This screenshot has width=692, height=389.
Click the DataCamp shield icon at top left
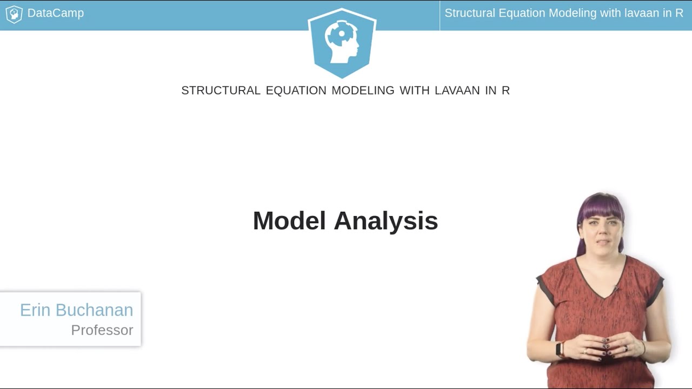tap(14, 14)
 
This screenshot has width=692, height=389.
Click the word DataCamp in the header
tap(55, 13)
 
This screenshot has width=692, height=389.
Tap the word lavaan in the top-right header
tap(641, 13)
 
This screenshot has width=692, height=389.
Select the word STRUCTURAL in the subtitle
tap(221, 91)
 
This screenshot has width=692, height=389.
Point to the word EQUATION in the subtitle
tap(296, 91)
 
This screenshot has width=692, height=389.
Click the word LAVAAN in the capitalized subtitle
tap(457, 91)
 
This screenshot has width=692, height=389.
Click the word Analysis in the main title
tap(385, 221)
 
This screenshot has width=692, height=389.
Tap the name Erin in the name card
tap(36, 310)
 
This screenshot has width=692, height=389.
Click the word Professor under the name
tap(102, 330)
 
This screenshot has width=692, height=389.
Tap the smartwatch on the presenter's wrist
tap(560, 349)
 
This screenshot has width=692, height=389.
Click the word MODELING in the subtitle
tap(363, 91)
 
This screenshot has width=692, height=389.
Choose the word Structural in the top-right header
tap(468, 13)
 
